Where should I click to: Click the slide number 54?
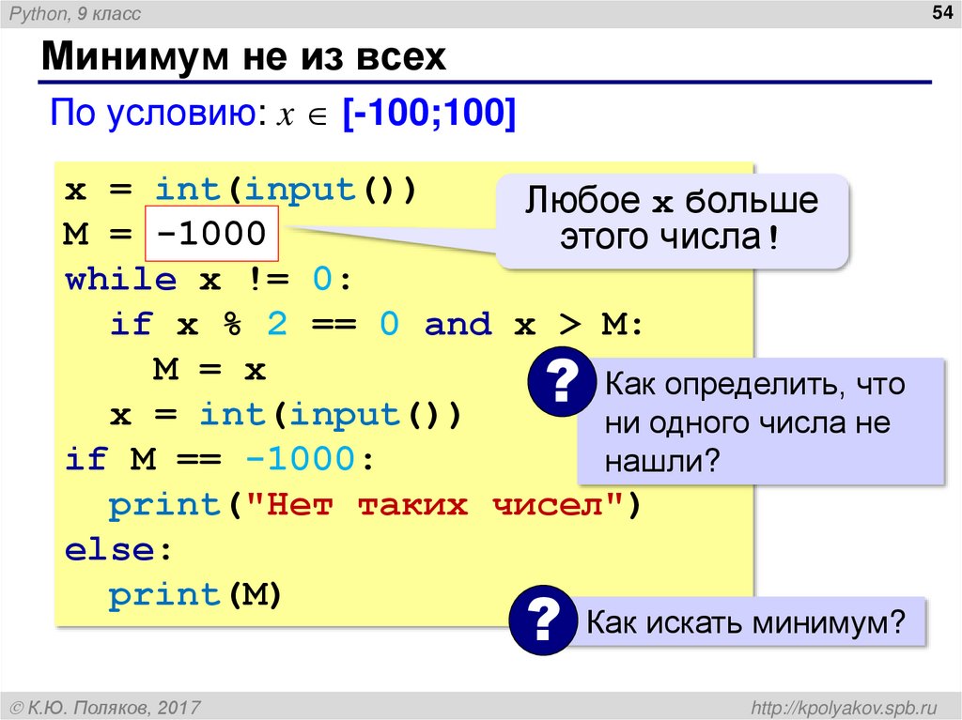coord(939,12)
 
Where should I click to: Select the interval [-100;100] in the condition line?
coord(428,115)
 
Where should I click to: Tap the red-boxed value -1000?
coord(211,233)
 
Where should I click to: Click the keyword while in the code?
coord(120,279)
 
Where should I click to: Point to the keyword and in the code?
coord(458,325)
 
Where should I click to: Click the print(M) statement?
coord(195,595)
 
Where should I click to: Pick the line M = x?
coord(209,370)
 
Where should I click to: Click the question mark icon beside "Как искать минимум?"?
coord(541,620)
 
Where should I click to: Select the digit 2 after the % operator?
coord(277,325)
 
